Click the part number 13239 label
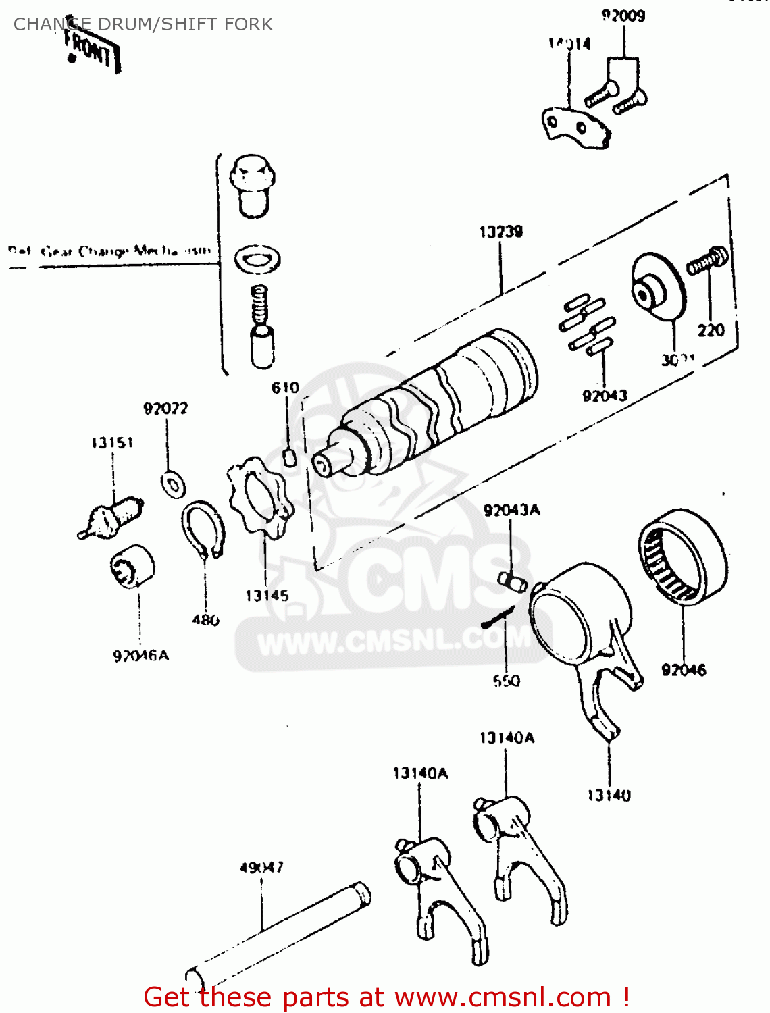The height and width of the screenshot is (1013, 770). click(500, 232)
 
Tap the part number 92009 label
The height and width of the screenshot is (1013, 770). click(623, 16)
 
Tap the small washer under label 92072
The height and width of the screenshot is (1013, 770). click(174, 484)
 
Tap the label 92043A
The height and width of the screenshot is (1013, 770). click(511, 511)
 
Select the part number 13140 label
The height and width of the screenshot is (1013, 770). click(609, 796)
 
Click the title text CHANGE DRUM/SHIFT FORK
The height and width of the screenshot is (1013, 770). click(143, 24)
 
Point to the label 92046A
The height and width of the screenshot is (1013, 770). click(140, 656)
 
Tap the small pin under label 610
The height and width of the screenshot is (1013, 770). click(289, 457)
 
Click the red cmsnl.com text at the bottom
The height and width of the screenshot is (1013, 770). click(387, 997)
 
